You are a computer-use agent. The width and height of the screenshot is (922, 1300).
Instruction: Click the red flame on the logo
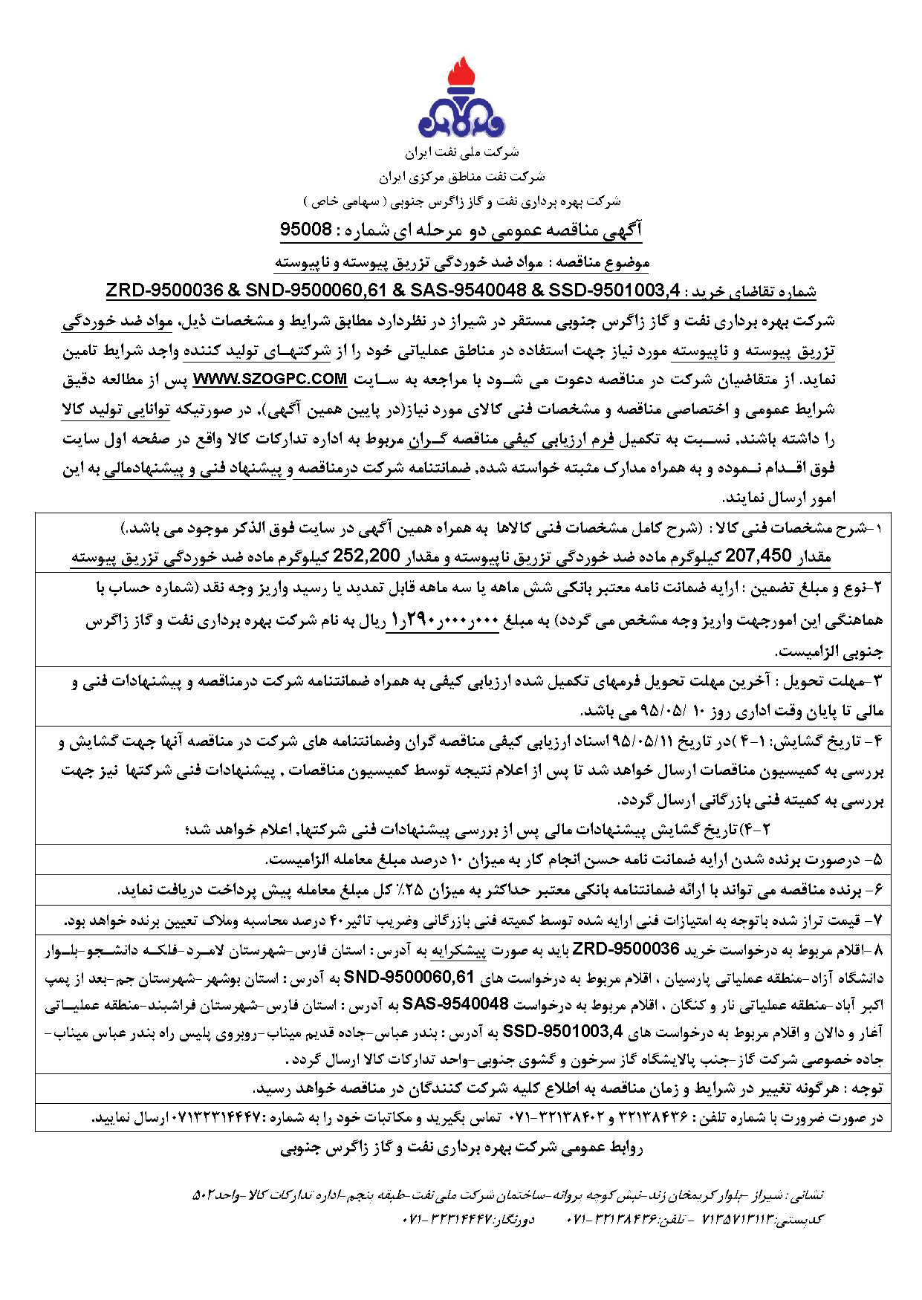[x=461, y=74]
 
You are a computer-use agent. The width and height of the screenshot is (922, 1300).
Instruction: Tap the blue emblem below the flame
[x=461, y=119]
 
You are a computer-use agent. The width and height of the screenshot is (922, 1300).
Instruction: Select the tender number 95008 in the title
[x=305, y=230]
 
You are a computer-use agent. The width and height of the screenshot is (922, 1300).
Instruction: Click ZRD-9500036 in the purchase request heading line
[x=164, y=290]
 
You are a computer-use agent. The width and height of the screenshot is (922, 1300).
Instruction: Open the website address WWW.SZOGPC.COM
[x=270, y=380]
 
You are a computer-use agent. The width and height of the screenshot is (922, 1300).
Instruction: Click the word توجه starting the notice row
[x=866, y=1089]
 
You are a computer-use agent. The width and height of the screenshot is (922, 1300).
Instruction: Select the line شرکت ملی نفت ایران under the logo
[x=461, y=153]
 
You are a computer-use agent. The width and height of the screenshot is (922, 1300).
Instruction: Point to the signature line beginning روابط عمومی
[x=461, y=1148]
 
